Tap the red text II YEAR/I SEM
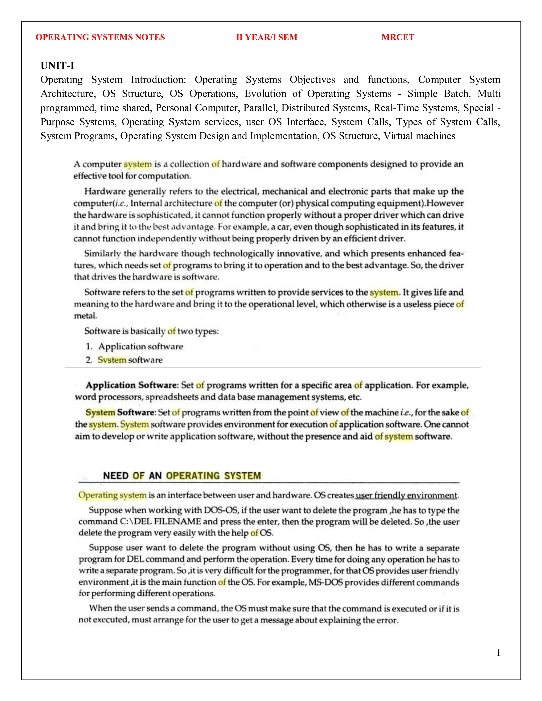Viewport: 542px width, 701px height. pos(267,37)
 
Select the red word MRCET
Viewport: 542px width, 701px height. pos(398,37)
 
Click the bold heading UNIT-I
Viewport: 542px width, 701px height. pos(57,66)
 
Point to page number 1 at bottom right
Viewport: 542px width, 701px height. pos(498,653)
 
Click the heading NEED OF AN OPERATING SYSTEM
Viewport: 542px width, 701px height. pos(182,475)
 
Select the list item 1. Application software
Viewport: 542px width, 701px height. pos(134,346)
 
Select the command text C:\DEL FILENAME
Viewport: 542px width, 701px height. pos(160,521)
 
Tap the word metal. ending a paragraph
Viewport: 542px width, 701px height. pos(85,316)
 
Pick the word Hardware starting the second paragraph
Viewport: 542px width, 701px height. pos(105,191)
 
